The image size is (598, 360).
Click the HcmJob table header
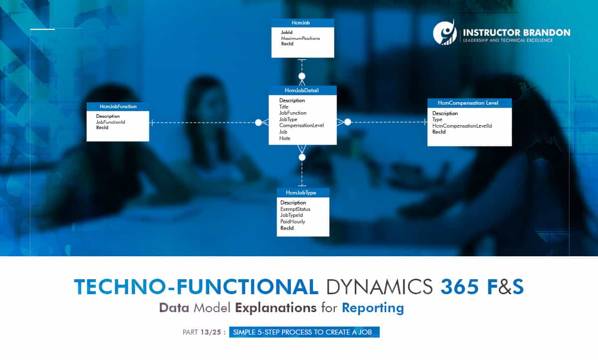click(x=302, y=23)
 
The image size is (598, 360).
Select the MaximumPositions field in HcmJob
click(x=300, y=38)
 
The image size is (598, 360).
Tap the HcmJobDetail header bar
click(x=302, y=90)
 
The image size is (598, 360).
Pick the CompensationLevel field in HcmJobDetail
click(x=301, y=126)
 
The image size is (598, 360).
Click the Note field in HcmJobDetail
click(x=285, y=138)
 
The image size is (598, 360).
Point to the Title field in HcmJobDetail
click(x=284, y=107)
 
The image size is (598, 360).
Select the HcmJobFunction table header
click(x=118, y=106)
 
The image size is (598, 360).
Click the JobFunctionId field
click(x=110, y=122)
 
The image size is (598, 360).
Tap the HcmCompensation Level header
click(x=469, y=103)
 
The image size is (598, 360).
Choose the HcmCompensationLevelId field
click(x=462, y=126)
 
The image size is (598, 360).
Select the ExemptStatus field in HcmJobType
click(x=295, y=209)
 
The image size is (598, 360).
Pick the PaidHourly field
click(x=293, y=222)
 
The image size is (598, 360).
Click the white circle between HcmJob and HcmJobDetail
click(x=301, y=76)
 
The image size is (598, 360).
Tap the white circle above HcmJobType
click(x=301, y=157)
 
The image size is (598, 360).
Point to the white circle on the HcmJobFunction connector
click(x=258, y=122)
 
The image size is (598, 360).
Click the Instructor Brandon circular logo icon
click(x=445, y=33)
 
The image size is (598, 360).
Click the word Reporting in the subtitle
click(x=373, y=308)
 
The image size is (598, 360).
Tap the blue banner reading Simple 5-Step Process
click(x=304, y=332)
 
